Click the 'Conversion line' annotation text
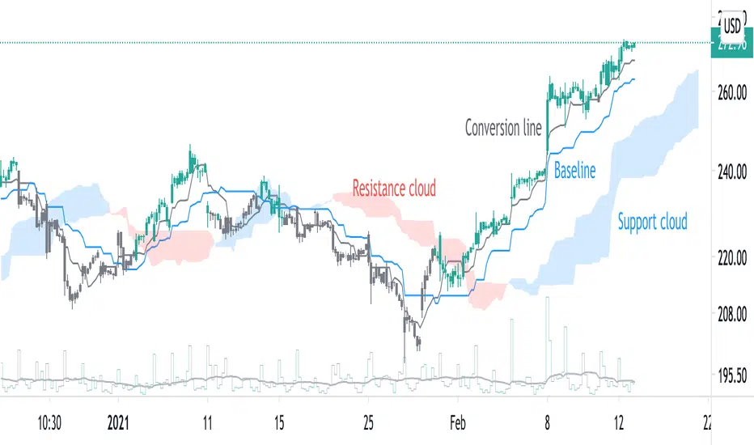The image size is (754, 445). pos(503,128)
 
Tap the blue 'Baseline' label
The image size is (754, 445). pos(574,171)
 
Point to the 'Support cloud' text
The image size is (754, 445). pos(652,221)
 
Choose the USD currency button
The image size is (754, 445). pos(732,25)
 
